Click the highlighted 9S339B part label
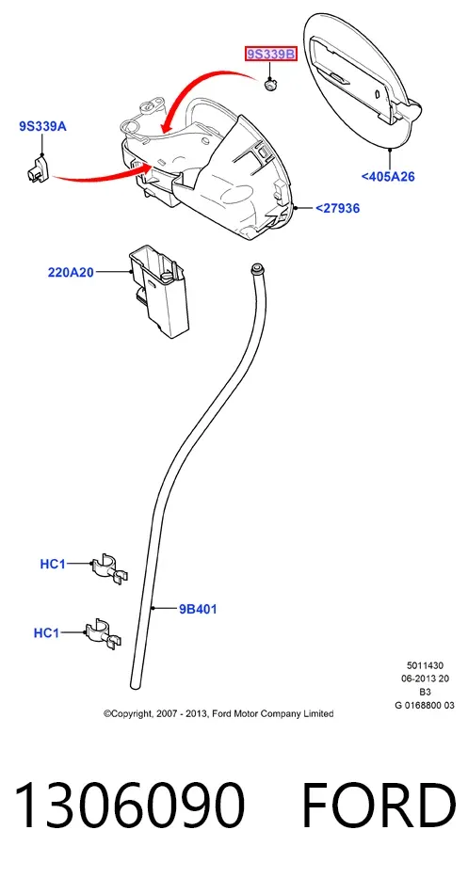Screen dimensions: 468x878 270,55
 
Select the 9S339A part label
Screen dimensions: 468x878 42,126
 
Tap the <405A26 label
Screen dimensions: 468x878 388,177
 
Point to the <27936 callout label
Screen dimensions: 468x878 337,208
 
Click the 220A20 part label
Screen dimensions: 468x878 71,273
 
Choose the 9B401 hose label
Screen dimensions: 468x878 198,609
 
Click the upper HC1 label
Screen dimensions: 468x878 53,565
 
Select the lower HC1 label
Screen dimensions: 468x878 46,633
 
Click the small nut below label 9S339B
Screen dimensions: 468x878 270,86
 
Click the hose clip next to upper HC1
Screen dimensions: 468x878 110,567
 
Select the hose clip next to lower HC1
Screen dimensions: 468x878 104,634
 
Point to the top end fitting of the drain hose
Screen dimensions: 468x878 258,267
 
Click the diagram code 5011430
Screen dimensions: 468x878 425,665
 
